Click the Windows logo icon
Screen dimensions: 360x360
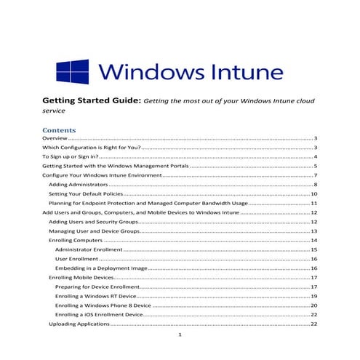pos(72,73)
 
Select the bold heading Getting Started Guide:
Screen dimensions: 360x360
pos(91,103)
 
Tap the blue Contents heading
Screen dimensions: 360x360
pos(61,131)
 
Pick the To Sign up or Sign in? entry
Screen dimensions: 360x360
pos(70,157)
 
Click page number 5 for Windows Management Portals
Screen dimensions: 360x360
pos(316,167)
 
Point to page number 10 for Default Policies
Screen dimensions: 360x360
pos(314,195)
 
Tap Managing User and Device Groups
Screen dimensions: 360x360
pos(94,231)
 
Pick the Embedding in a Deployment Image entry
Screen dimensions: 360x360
pos(101,268)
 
